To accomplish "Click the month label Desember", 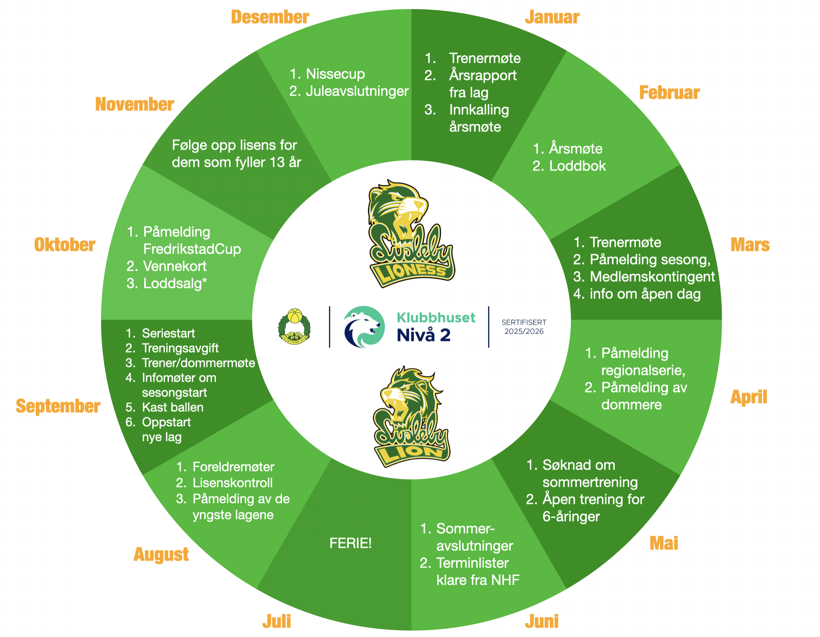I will point(270,17).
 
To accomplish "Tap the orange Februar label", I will point(669,93).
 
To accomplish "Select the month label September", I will point(58,406).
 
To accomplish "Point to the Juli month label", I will point(277,621).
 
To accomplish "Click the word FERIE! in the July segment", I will point(350,543).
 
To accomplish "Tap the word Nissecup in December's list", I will point(335,74).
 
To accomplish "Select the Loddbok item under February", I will point(577,166).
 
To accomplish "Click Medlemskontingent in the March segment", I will point(652,277).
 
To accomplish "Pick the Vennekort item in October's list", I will point(175,266).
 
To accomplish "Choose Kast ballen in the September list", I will point(173,408).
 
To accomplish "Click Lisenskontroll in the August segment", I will point(232,483).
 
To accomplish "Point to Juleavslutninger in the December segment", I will point(357,91).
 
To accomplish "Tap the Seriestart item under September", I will point(168,333).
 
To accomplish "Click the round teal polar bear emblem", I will point(364,327).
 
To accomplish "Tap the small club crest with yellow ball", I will point(294,326).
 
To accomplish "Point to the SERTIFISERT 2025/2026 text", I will point(524,327).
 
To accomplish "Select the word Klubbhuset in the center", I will point(436,318).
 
